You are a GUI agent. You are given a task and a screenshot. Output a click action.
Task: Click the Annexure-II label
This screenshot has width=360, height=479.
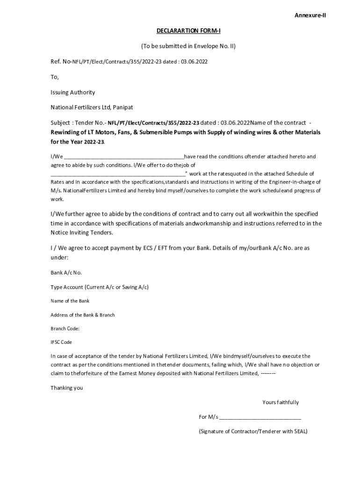(x=310, y=15)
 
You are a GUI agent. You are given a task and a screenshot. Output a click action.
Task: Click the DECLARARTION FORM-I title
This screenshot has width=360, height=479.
(x=188, y=31)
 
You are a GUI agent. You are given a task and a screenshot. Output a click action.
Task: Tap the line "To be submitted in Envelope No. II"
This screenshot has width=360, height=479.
(x=188, y=46)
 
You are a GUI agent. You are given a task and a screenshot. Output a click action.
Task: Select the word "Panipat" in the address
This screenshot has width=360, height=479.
(x=122, y=108)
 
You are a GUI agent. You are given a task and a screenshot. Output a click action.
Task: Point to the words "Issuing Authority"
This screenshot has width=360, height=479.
(x=72, y=92)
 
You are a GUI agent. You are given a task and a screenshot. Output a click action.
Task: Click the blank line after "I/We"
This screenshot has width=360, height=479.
(x=124, y=157)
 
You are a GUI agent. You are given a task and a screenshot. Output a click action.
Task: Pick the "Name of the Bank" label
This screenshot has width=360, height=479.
(x=70, y=301)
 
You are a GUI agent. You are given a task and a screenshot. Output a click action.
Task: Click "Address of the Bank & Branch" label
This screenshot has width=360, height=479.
(x=82, y=315)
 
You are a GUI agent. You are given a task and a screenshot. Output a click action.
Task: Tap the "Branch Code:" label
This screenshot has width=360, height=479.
(x=65, y=328)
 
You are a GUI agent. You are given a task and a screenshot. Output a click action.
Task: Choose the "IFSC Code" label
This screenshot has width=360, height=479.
(x=61, y=342)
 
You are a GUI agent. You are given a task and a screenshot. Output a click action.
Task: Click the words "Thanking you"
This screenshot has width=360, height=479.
(x=66, y=388)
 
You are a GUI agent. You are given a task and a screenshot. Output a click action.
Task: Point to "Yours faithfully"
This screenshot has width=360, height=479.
(x=281, y=402)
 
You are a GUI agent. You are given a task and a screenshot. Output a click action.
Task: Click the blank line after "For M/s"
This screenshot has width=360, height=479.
(x=260, y=417)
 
